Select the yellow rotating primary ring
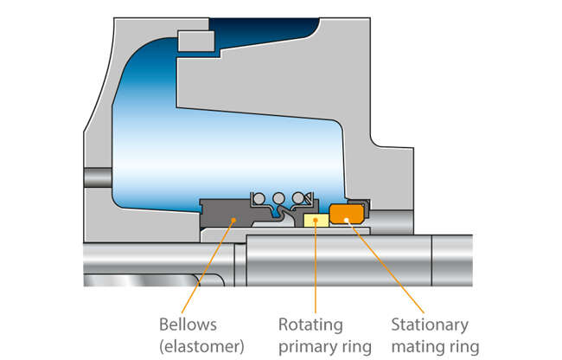coord(316,220)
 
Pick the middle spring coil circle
coord(278,198)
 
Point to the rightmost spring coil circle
coord(299,198)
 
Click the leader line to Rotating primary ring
coord(316,268)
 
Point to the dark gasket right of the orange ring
coord(365,208)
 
